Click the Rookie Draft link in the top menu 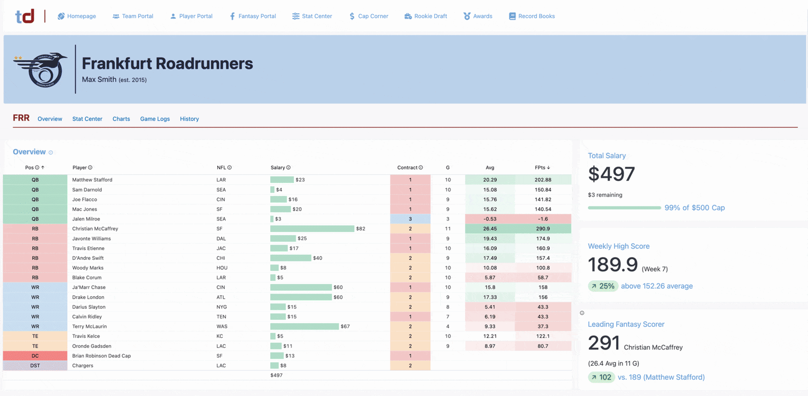coord(426,16)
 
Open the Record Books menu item coord(532,16)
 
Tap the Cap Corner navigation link coord(369,16)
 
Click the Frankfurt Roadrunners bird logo coord(40,70)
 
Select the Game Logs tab coord(155,119)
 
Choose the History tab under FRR coord(189,119)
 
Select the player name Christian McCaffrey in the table coord(95,229)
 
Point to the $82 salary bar coord(312,229)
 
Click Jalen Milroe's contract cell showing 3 coord(410,219)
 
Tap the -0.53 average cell coord(490,219)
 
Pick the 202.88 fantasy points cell coord(543,180)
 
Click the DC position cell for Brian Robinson coord(35,356)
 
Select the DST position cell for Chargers coord(35,365)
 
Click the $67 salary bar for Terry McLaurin coord(305,326)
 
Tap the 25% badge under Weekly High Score coord(603,286)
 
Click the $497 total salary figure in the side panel coord(612,174)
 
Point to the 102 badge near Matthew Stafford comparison coord(601,377)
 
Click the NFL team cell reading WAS coord(222,326)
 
